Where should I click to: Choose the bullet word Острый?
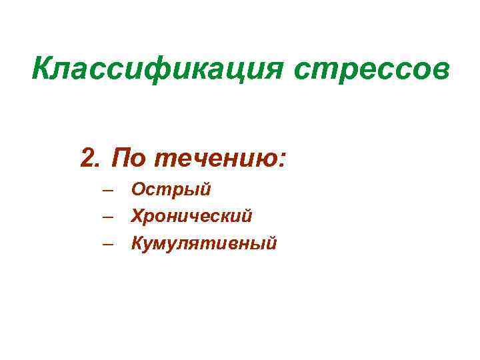point(171,190)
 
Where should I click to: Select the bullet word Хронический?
point(192,216)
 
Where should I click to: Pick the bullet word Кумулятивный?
point(204,243)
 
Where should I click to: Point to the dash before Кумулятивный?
point(109,244)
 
